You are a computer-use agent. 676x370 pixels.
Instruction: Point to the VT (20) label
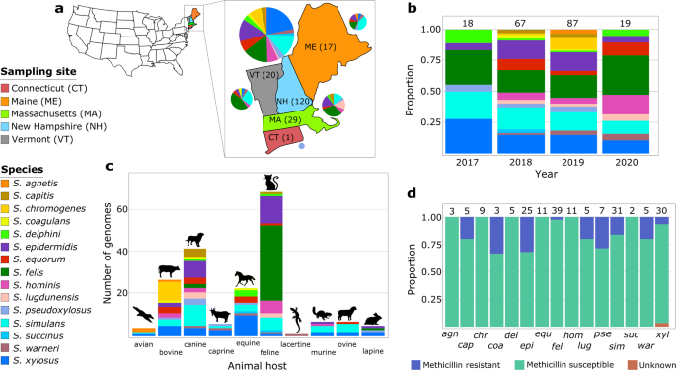point(262,74)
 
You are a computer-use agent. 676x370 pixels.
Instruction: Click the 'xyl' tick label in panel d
point(661,333)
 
